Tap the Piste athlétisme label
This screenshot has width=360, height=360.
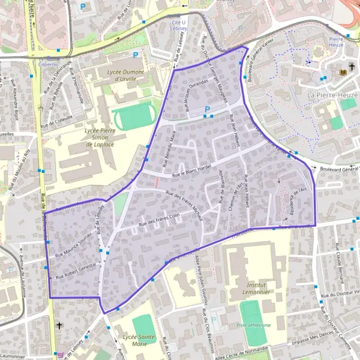(254, 325)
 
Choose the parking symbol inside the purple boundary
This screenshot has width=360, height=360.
(208, 110)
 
